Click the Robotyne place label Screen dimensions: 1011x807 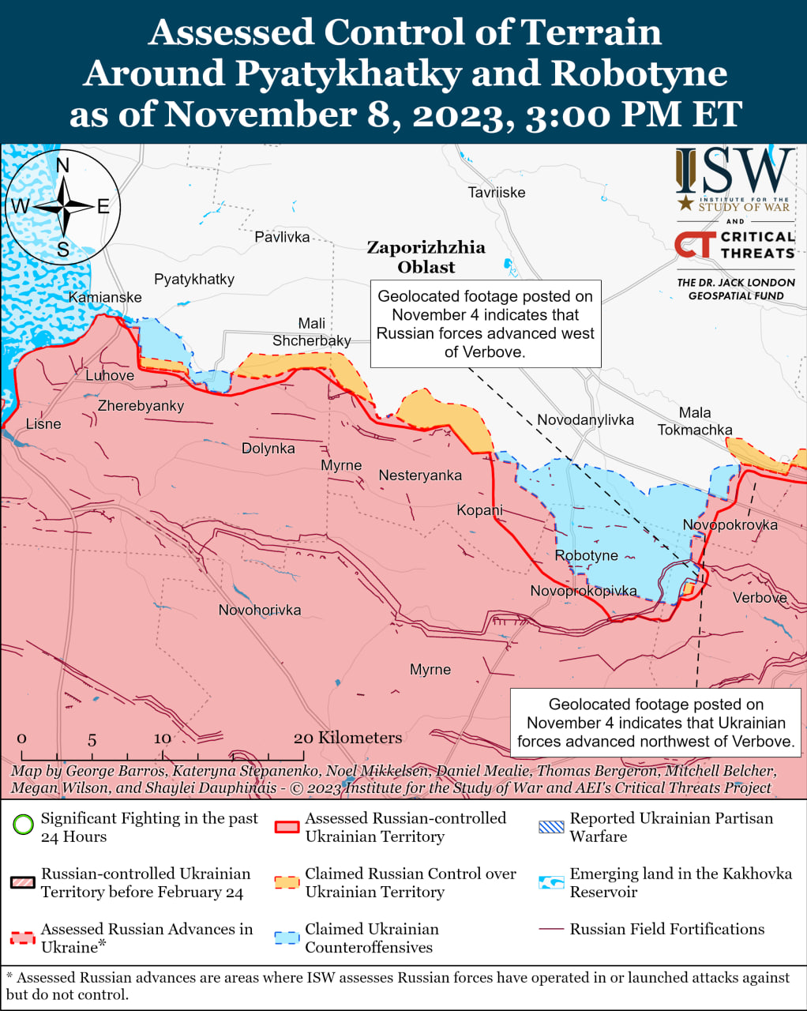pyautogui.click(x=586, y=555)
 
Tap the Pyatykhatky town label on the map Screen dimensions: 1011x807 pyautogui.click(x=194, y=279)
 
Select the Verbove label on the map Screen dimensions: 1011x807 pyautogui.click(x=760, y=598)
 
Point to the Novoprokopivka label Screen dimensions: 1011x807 pyautogui.click(x=583, y=591)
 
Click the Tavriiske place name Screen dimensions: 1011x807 pyautogui.click(x=496, y=192)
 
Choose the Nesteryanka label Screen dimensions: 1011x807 pyautogui.click(x=420, y=475)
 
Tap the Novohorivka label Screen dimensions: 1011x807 pyautogui.click(x=260, y=610)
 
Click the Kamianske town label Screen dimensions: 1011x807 pyautogui.click(x=105, y=297)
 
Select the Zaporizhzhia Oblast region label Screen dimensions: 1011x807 pyautogui.click(x=426, y=257)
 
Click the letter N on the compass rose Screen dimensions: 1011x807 pyautogui.click(x=63, y=165)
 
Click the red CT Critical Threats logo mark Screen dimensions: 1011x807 pyautogui.click(x=695, y=245)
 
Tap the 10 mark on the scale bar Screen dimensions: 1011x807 pyautogui.click(x=162, y=739)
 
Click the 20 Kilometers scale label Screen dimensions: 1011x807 pyautogui.click(x=347, y=738)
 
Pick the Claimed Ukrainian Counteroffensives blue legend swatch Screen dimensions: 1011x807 pyautogui.click(x=287, y=938)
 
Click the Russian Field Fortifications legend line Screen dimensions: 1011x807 pyautogui.click(x=551, y=929)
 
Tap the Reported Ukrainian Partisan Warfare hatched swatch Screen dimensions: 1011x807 pyautogui.click(x=551, y=826)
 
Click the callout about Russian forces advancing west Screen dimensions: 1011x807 pyautogui.click(x=485, y=324)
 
